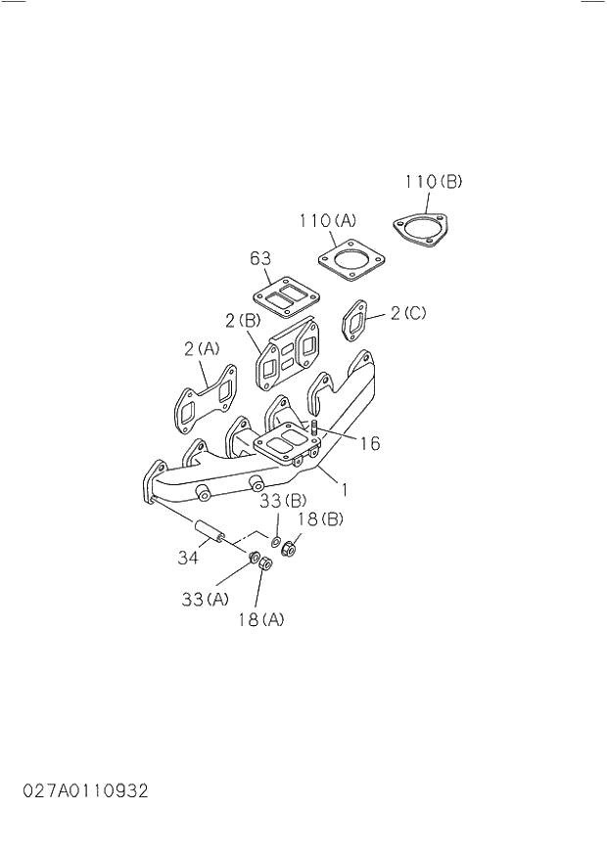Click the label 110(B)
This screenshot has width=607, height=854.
[x=433, y=182]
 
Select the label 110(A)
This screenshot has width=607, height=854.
[x=328, y=221]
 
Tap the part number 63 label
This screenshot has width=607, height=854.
[x=259, y=258]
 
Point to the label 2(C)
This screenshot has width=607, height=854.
[x=409, y=314]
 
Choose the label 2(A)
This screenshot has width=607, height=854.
[x=202, y=348]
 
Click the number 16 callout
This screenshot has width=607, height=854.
[x=368, y=444]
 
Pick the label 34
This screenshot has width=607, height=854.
[x=188, y=559]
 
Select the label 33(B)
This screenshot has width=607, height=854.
[x=284, y=502]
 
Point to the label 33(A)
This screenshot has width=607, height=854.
[x=205, y=599]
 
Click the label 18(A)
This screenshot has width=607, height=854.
[x=260, y=619]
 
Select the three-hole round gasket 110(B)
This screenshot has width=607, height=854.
[x=422, y=231]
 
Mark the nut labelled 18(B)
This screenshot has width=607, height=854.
[x=289, y=549]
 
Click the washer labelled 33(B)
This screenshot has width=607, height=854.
[x=276, y=541]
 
